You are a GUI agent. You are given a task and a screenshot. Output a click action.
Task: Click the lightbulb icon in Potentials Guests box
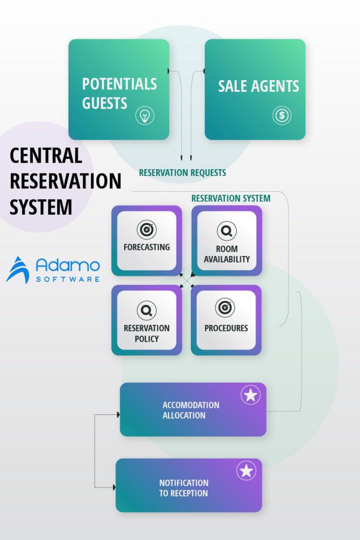145,115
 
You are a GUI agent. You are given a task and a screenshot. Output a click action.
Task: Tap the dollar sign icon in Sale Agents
282,115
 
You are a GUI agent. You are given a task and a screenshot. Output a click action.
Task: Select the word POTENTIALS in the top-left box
120,84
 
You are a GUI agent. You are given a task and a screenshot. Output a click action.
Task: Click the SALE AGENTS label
258,86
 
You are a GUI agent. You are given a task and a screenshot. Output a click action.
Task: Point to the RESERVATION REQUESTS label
182,173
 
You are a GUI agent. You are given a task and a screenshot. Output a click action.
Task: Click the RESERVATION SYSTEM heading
231,198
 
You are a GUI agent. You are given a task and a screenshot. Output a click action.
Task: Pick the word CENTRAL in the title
46,156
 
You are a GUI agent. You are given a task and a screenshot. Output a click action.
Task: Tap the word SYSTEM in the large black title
41,207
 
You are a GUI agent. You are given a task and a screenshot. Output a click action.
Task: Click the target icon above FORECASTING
146,230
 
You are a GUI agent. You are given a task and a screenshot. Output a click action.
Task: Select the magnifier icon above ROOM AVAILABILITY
226,231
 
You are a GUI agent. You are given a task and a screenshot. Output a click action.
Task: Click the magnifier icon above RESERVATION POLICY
146,310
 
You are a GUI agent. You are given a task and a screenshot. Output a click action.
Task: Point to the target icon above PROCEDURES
225,308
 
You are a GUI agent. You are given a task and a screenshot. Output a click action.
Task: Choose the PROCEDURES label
226,328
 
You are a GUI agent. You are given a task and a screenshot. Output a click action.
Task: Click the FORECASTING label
147,247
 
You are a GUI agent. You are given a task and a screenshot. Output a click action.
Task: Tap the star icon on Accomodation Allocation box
250,395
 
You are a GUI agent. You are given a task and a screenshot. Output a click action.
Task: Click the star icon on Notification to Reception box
246,471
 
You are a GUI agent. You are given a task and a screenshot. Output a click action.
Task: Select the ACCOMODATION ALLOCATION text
191,410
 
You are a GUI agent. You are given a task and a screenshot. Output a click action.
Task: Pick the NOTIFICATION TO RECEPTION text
184,488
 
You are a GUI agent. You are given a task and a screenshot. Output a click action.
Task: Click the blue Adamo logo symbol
18,270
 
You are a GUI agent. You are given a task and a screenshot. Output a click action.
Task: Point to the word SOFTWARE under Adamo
68,279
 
